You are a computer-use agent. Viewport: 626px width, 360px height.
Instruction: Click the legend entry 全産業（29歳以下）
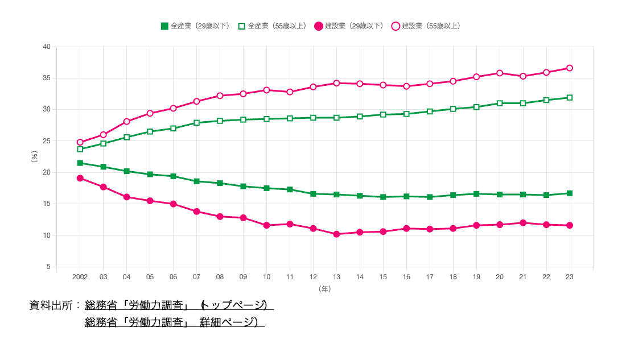(195, 26)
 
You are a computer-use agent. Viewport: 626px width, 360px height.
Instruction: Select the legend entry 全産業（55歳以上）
(272, 26)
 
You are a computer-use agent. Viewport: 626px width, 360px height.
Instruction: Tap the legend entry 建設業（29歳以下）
(349, 26)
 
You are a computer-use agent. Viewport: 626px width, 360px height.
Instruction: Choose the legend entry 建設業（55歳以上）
(426, 26)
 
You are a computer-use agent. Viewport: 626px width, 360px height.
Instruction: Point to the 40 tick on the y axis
(47, 47)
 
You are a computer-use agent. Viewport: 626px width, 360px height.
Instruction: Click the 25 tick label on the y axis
(47, 141)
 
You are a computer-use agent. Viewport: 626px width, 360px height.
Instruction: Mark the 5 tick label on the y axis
(48, 267)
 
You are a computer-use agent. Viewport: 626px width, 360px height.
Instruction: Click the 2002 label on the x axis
(80, 277)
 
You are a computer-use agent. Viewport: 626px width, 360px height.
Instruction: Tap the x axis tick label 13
(336, 277)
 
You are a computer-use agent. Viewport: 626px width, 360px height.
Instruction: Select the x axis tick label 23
(569, 277)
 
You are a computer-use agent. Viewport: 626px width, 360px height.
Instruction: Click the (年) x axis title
(325, 289)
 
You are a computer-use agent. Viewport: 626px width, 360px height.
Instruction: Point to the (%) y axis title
(34, 157)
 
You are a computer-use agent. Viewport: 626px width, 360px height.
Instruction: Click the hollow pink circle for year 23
(569, 68)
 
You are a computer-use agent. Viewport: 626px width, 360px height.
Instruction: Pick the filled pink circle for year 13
(336, 234)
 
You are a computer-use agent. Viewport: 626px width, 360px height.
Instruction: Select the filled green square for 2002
(80, 163)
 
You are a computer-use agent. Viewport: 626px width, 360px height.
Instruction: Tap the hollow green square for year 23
(569, 98)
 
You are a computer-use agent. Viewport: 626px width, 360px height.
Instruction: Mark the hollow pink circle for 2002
(80, 142)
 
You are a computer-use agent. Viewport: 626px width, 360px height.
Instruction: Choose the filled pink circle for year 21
(523, 223)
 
